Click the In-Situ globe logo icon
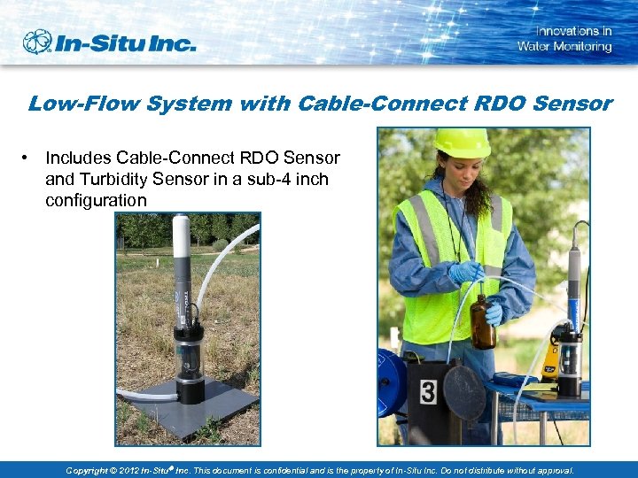point(38,42)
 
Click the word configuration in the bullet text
point(96,200)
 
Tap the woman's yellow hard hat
point(461,143)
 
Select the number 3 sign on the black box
point(429,390)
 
